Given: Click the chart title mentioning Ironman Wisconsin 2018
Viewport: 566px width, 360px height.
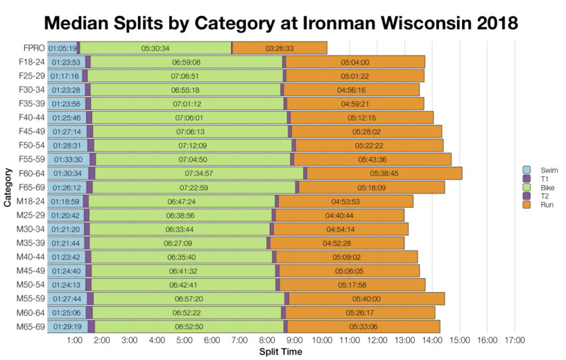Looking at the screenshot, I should (280, 22).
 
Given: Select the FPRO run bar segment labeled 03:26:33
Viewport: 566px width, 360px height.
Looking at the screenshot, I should (280, 48).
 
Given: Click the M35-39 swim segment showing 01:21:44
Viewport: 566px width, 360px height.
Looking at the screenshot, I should (65, 243).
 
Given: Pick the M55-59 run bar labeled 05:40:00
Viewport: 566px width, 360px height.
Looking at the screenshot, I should (366, 299).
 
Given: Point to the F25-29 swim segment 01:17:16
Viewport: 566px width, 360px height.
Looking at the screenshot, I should (65, 76).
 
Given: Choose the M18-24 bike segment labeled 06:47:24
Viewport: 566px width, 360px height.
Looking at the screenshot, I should (180, 201).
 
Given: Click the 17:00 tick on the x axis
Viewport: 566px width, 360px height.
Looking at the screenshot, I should (515, 341).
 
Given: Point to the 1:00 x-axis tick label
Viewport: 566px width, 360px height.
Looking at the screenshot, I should (75, 341).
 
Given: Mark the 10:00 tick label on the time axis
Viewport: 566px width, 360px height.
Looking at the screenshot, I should (322, 341).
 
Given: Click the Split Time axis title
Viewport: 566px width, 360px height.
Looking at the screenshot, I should (280, 351).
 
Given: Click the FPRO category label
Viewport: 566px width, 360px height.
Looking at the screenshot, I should (34, 48).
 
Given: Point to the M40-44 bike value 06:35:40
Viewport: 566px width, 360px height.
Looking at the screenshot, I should (180, 257).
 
